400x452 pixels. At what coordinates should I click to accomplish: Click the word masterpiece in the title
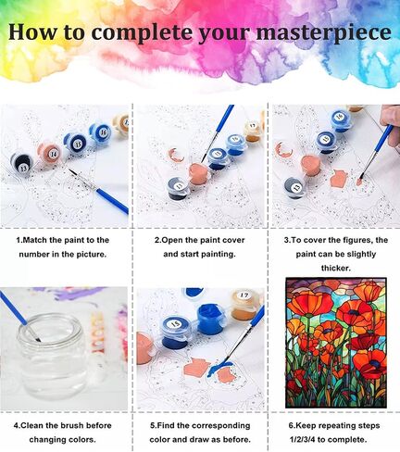pos(324,33)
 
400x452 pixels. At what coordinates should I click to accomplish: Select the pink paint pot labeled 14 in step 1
pos(49,154)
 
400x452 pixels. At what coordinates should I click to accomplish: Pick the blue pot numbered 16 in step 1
pos(101,133)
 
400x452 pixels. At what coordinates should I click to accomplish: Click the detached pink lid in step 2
pos(176,155)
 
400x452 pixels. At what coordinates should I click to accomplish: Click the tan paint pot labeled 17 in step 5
pos(245,305)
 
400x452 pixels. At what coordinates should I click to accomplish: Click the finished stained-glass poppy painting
pos(336,343)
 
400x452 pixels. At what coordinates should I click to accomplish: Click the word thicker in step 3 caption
pos(336,268)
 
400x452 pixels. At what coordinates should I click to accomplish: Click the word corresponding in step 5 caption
pos(220,425)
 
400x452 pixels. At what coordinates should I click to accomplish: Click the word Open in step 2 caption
pos(171,240)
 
